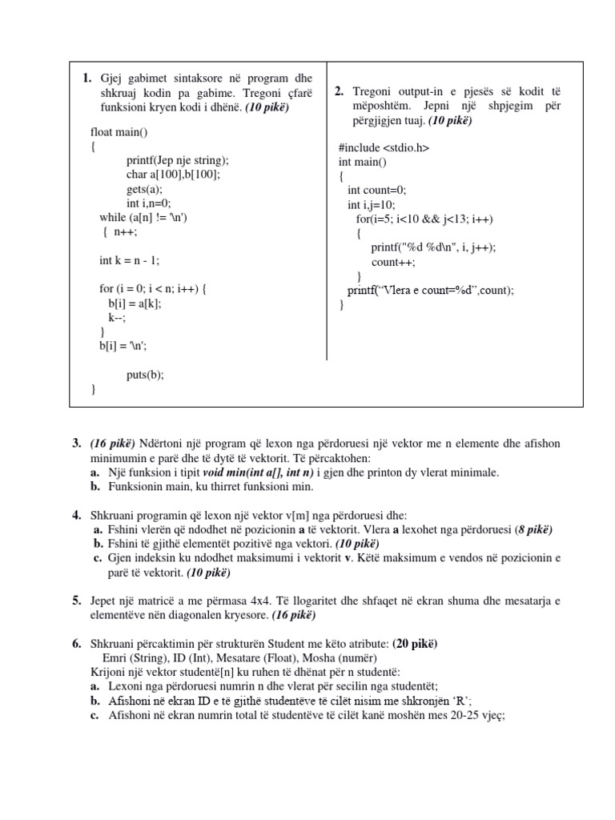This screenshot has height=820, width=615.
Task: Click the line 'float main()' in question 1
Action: (x=120, y=131)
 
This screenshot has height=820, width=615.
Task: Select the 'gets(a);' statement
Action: (x=144, y=189)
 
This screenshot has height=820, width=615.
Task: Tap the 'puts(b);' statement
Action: (x=145, y=375)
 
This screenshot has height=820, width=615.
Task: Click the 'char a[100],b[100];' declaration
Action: (x=172, y=175)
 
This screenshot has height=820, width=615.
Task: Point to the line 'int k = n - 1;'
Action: (x=135, y=260)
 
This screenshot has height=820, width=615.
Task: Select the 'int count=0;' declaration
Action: (x=376, y=190)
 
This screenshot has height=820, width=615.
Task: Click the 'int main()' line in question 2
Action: (x=362, y=162)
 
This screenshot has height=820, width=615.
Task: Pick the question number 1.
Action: (x=86, y=78)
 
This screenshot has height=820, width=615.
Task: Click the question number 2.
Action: (x=340, y=91)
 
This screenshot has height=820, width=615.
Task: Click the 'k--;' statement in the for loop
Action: (x=118, y=317)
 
